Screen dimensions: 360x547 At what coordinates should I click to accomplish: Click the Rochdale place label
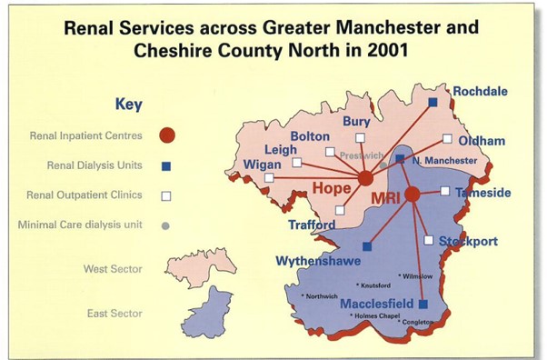click(x=482, y=92)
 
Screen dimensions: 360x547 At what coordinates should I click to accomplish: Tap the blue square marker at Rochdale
click(x=433, y=102)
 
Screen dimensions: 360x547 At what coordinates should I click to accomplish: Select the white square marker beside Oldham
click(x=447, y=139)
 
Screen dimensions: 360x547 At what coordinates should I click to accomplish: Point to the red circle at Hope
click(x=365, y=178)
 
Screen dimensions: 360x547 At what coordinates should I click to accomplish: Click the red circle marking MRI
click(x=412, y=194)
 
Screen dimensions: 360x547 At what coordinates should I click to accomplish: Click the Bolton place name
click(x=311, y=136)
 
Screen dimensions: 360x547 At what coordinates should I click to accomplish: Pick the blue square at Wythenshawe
click(x=367, y=246)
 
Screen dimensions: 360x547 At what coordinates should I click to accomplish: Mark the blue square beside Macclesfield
click(x=423, y=304)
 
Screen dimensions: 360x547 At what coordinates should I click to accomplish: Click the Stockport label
click(x=469, y=242)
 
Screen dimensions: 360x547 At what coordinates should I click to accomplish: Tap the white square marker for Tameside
click(x=444, y=191)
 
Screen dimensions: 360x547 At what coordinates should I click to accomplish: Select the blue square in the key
click(x=165, y=165)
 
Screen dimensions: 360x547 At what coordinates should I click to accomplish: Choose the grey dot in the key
click(x=165, y=225)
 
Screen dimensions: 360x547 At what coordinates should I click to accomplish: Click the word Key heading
click(x=128, y=104)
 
